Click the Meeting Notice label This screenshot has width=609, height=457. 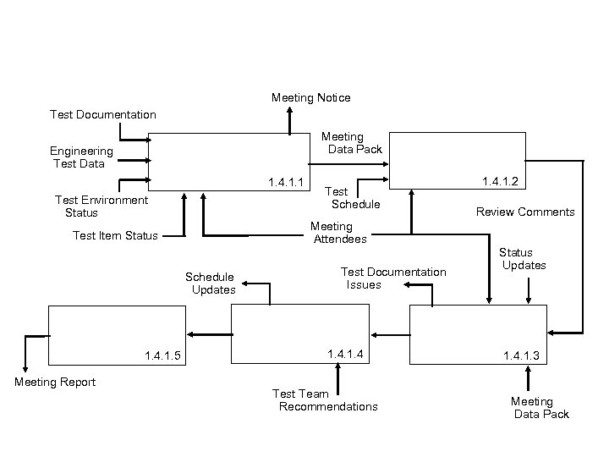pos(310,98)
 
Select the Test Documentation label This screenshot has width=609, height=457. pos(102,114)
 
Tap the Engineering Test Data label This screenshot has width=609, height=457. pos(81,157)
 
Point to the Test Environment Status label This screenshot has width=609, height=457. pos(101,206)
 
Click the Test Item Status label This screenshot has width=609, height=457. pos(115,235)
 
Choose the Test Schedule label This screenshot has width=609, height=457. pos(354,198)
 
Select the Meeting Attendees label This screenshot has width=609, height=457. pos(338,233)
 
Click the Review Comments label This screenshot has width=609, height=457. pos(524,212)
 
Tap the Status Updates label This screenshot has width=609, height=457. pos(522,259)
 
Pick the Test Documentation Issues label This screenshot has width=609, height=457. pos(392,278)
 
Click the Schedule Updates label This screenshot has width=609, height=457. pos(211,284)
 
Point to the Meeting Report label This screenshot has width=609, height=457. pos(55,382)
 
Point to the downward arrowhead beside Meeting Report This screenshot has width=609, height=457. pos(25,368)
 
